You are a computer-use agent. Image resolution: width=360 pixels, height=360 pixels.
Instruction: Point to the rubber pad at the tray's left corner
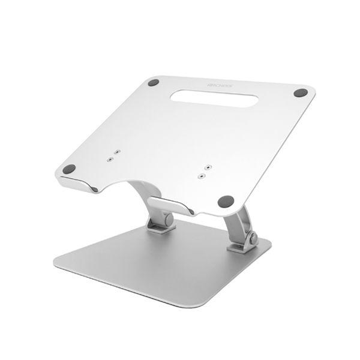[70, 169]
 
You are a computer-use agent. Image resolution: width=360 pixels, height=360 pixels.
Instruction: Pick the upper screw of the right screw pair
[207, 166]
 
